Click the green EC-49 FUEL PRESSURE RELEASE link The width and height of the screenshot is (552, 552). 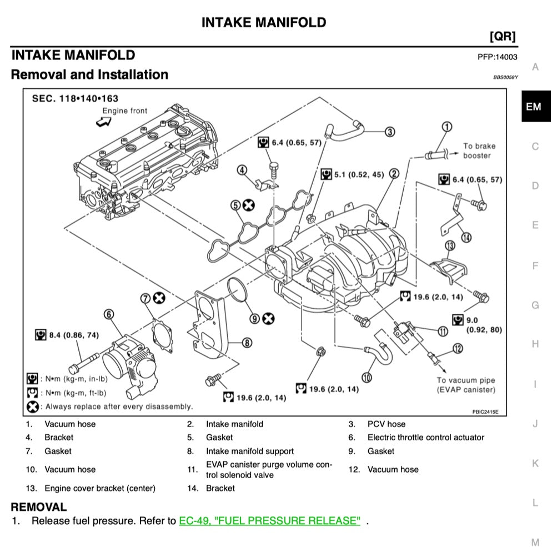(x=269, y=521)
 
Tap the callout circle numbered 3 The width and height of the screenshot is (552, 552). (x=390, y=132)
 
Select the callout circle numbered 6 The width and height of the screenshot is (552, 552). (x=109, y=315)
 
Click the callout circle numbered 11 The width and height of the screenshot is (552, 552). (x=443, y=332)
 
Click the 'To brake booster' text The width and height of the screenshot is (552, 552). (x=479, y=151)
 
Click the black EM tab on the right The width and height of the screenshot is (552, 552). (x=533, y=107)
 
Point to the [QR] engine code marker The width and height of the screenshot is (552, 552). (x=502, y=37)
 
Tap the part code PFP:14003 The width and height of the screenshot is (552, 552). (x=497, y=57)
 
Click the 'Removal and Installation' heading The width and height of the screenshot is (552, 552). (x=89, y=74)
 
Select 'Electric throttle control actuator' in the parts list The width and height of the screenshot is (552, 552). (x=425, y=438)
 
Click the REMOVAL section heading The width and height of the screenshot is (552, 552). (x=39, y=507)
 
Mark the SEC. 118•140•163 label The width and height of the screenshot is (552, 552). (x=75, y=99)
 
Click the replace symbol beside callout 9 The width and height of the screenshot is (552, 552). (x=269, y=318)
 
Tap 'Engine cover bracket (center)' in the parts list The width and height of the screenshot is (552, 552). (x=100, y=488)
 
